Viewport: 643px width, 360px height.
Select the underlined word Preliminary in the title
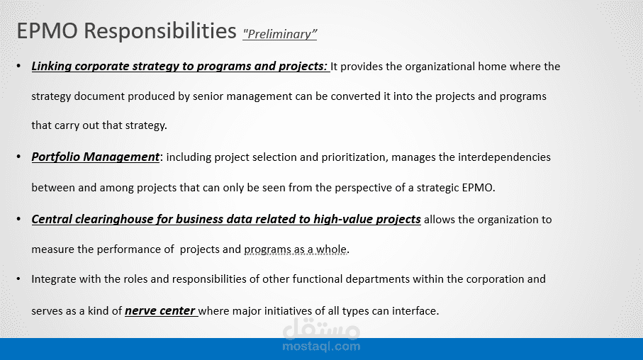click(x=279, y=34)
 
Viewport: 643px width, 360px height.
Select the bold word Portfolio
click(x=55, y=157)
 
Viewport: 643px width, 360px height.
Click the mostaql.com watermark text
click(x=322, y=347)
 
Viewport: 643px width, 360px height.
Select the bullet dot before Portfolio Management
click(x=18, y=157)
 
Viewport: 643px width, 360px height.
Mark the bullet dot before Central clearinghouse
click(x=18, y=219)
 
